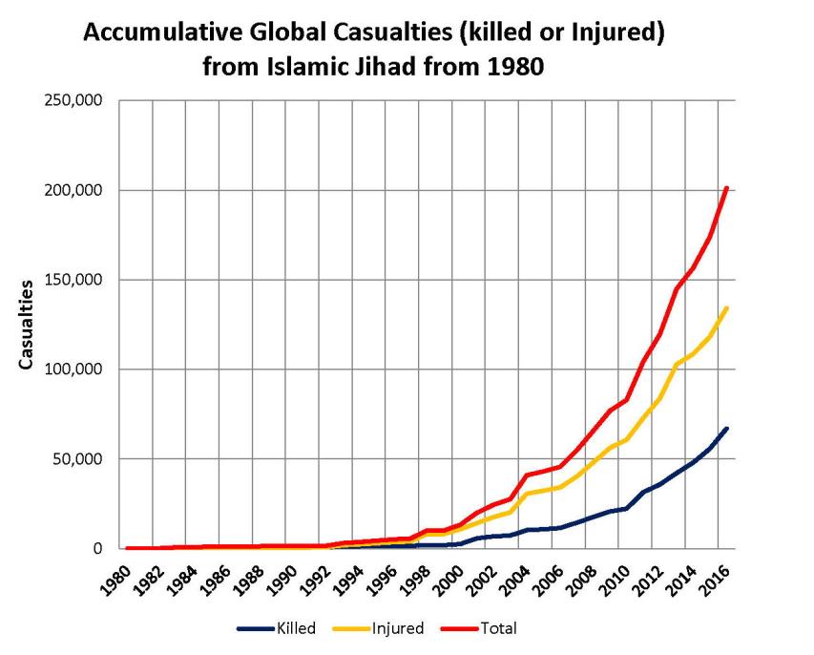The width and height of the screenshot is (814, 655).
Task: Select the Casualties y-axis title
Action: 28,325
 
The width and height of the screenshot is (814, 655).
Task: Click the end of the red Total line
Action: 727,188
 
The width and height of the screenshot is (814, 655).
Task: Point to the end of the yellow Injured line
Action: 727,307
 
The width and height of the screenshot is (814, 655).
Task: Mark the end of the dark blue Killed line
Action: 727,429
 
